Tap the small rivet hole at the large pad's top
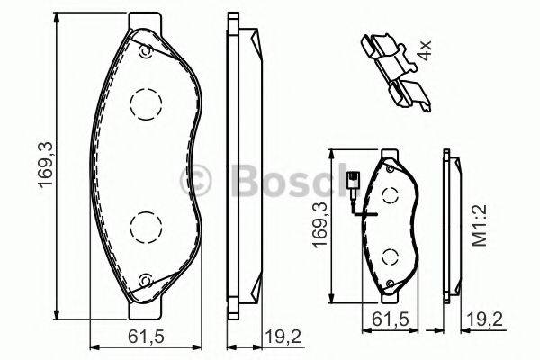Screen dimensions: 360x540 coord(144,51)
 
